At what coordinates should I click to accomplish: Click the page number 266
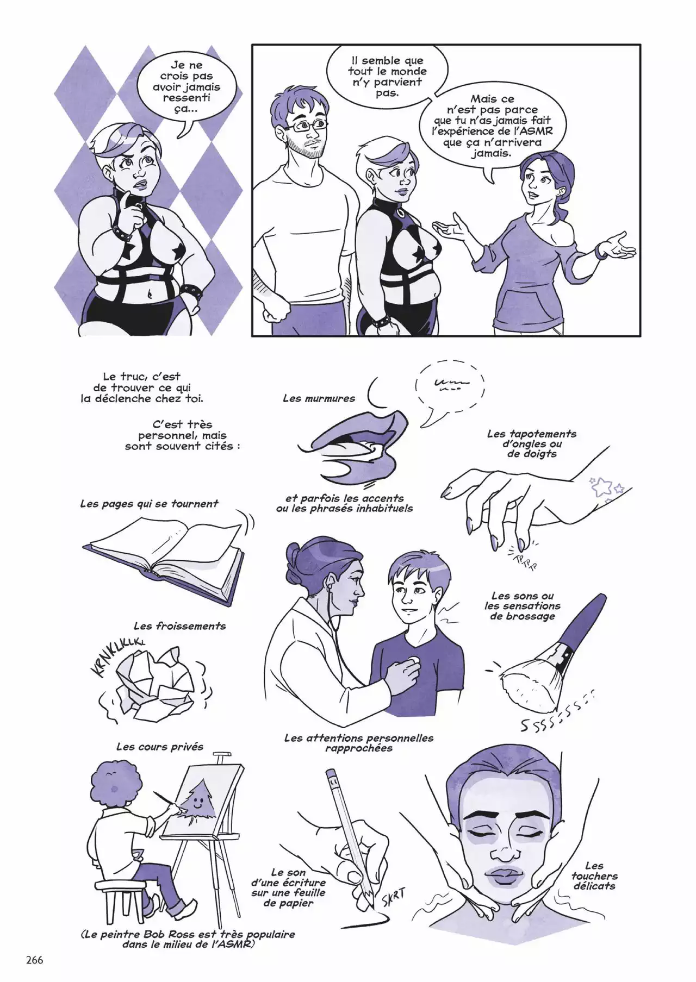click(x=34, y=960)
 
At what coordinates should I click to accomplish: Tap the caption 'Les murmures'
click(x=319, y=398)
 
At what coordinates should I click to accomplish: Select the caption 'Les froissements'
click(x=179, y=626)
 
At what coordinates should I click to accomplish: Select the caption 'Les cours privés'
click(x=160, y=747)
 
